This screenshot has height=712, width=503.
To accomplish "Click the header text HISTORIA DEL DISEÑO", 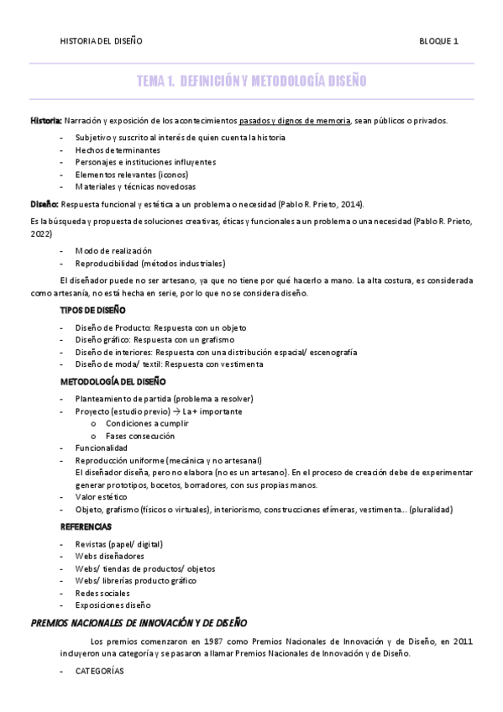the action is point(101,40).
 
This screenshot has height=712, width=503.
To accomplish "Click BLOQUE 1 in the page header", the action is point(438,40).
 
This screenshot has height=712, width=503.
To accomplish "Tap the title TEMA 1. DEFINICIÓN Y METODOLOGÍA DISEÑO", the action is point(251,81).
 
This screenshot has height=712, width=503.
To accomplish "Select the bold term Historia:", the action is point(45,121).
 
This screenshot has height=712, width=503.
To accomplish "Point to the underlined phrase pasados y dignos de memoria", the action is point(294,121).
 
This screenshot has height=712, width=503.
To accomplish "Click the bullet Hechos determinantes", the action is point(118,149).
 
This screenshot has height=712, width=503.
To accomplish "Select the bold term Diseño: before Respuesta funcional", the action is point(44,204).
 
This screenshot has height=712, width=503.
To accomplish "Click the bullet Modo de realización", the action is point(113,250).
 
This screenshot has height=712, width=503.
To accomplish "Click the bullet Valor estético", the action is point(106,496).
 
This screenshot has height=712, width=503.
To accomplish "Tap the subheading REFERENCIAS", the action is point(86,526).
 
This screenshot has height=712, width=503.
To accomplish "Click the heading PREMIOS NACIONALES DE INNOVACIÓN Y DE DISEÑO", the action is point(139,623).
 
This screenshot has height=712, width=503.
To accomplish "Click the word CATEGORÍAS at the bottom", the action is point(99,672).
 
